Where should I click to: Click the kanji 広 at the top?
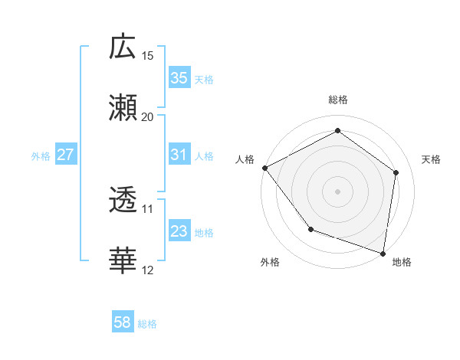(x=123, y=47)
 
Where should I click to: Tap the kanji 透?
(x=123, y=201)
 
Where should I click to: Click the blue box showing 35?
(x=179, y=77)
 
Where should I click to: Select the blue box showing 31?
(x=179, y=155)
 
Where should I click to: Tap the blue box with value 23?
(x=179, y=231)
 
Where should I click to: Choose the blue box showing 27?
(x=65, y=155)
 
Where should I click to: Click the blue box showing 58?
(x=123, y=323)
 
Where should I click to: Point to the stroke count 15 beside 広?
(x=148, y=55)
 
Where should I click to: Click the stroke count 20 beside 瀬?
(x=148, y=116)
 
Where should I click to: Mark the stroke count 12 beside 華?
(x=148, y=270)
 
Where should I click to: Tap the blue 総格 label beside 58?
(x=147, y=324)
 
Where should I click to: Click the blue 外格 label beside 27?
(x=41, y=155)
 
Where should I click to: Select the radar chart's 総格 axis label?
(x=337, y=100)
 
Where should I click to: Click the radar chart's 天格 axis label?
(x=431, y=159)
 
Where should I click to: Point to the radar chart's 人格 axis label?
(x=245, y=159)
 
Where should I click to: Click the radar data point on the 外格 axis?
(x=310, y=228)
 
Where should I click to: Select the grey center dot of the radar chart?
(x=337, y=191)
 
